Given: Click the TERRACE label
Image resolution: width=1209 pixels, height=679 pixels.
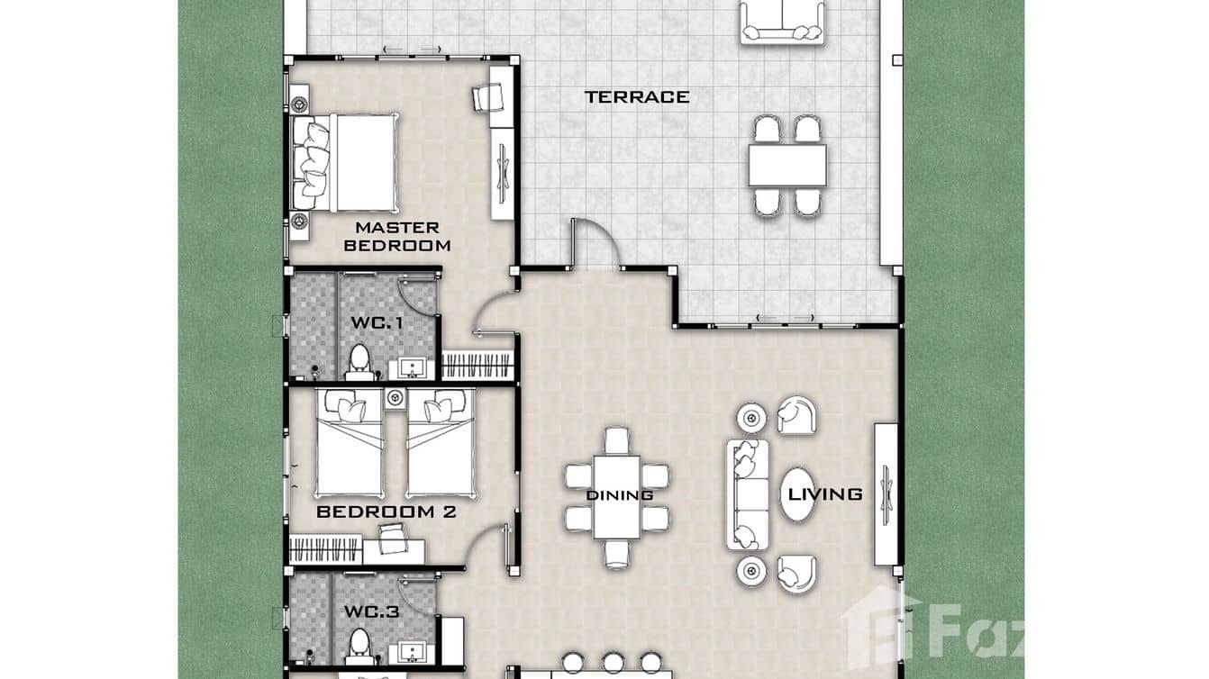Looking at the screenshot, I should tap(636, 96).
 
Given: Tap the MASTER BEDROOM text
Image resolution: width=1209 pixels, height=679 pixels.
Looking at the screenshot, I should tap(396, 236).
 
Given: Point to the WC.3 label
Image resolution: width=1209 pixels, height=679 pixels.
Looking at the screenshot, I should tap(371, 612).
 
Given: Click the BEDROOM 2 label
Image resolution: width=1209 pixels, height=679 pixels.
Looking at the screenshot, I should tap(386, 512).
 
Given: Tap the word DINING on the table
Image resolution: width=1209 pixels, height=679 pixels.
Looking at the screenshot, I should tap(619, 495).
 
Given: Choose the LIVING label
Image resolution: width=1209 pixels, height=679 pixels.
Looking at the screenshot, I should tap(825, 493).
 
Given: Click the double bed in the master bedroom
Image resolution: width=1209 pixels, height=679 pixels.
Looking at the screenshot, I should tap(347, 161).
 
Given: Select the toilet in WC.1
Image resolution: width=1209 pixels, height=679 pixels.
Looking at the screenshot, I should tap(360, 359).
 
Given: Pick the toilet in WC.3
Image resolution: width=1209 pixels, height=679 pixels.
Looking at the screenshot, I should tap(360, 646).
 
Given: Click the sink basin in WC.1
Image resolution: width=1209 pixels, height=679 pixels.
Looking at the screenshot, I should tap(413, 367).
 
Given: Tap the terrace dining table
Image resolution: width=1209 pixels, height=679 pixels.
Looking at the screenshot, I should tap(786, 166).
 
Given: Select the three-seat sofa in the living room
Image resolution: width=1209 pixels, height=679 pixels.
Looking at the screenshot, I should tap(747, 493).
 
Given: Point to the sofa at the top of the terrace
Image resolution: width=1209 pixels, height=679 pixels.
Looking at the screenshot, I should tap(782, 22).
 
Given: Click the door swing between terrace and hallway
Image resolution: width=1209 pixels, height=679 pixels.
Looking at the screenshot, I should tap(595, 245).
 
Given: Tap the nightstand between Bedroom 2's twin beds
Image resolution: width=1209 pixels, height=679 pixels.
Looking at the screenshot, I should tap(395, 396).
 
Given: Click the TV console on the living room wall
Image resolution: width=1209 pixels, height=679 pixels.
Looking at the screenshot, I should tap(886, 493).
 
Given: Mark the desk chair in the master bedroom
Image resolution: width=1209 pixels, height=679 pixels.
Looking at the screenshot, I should tap(487, 97).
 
